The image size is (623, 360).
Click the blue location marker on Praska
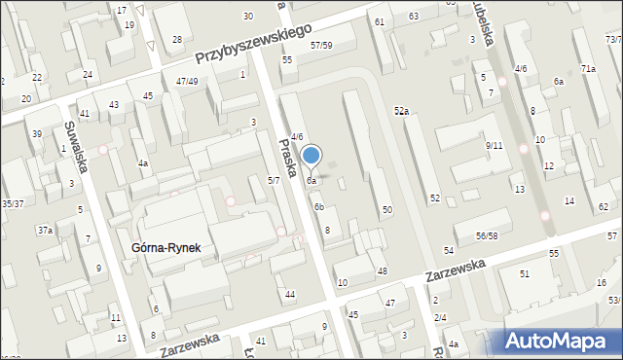(311, 156)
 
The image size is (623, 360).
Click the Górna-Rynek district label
(165, 248)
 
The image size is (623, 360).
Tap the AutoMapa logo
(562, 341)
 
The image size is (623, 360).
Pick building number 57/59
(321, 46)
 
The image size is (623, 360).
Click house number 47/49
(187, 81)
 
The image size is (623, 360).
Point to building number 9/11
(494, 145)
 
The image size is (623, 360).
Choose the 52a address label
(400, 112)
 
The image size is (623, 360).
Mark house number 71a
(588, 68)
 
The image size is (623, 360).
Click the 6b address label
(318, 206)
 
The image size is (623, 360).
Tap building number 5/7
(274, 180)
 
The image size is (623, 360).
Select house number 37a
(45, 231)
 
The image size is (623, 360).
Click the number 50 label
(386, 210)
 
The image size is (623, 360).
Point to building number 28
(177, 39)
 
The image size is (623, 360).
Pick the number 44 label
(290, 294)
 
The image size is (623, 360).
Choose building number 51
(524, 274)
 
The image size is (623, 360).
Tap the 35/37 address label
(13, 203)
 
